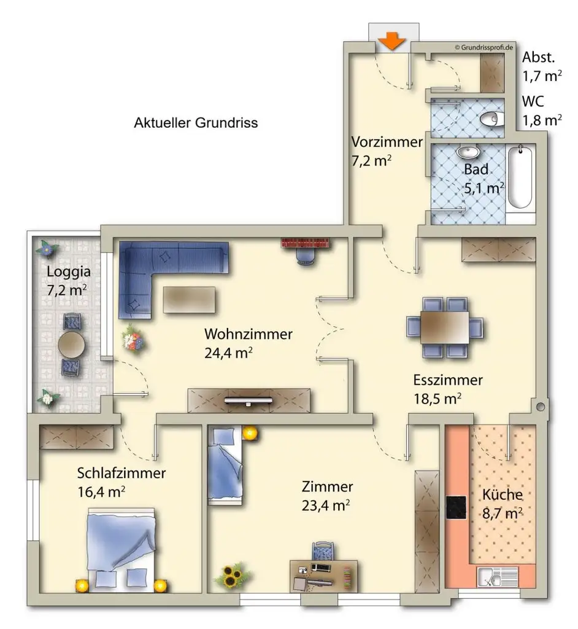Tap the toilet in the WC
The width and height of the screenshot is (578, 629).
pos(490,119)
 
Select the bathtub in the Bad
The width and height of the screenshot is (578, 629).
pos(520,177)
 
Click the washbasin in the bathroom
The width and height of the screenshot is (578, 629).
pos(468,152)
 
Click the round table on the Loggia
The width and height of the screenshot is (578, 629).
pos(71,344)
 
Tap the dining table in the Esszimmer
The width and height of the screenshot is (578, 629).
pos(444,327)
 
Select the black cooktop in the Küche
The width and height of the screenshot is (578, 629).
pos(456,507)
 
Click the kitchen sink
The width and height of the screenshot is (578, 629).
pos(498,577)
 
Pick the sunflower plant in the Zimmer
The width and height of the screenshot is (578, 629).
pos(233,576)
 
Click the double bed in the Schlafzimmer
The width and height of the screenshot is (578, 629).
pos(121,550)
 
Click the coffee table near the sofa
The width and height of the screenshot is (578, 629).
pos(189,300)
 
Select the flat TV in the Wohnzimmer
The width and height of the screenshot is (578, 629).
pos(248,400)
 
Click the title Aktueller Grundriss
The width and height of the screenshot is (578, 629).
pos(196,123)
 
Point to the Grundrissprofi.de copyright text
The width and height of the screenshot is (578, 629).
pos(484,47)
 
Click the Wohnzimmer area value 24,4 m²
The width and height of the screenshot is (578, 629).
pos(228,353)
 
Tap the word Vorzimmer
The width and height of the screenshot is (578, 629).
pos(387,142)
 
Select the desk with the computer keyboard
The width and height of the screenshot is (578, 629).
pos(323,576)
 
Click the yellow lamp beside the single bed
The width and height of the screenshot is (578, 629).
pos(250,433)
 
